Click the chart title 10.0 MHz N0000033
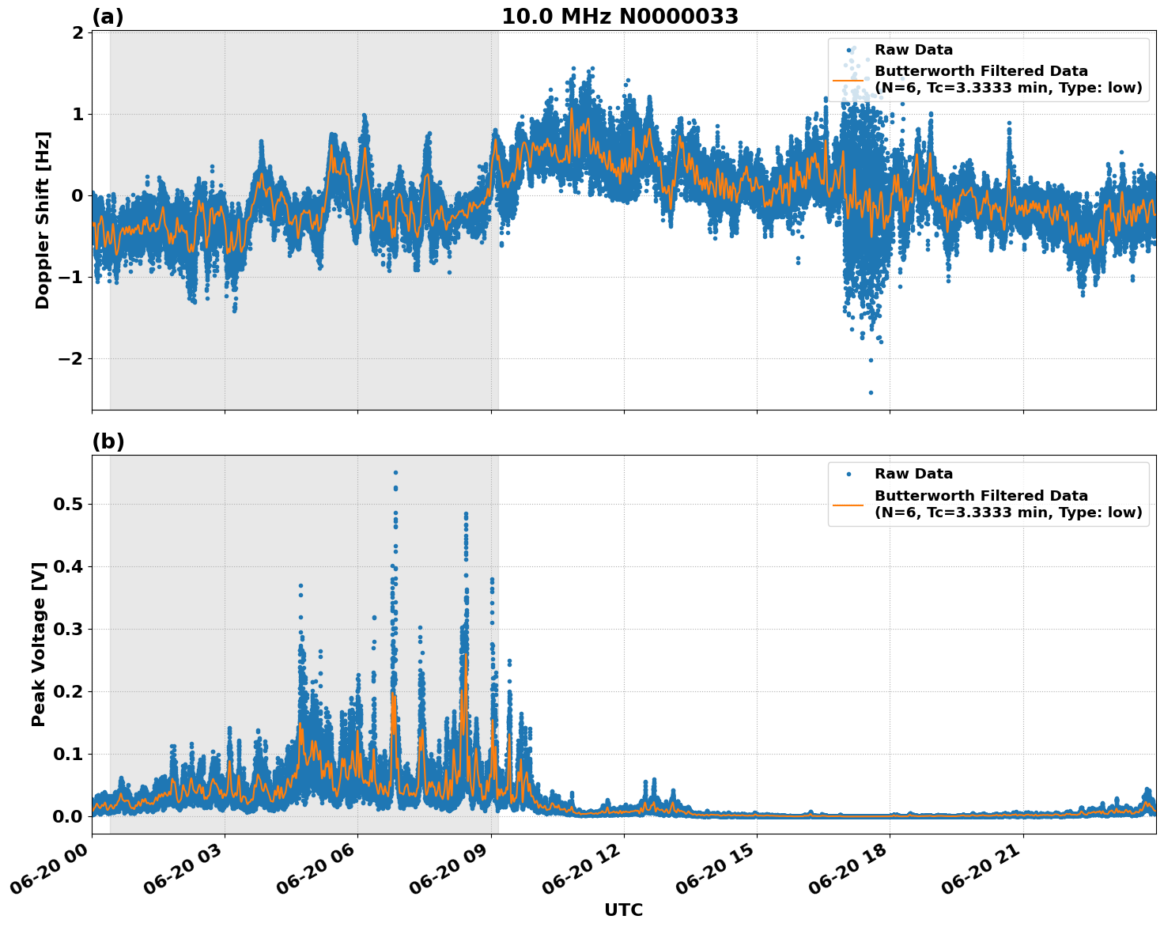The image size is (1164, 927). [620, 17]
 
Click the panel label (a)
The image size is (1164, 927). [108, 17]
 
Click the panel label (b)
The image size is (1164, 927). [108, 441]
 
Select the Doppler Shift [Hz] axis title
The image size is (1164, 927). [43, 220]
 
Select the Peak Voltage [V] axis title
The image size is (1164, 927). [39, 644]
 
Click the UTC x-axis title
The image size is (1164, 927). [623, 910]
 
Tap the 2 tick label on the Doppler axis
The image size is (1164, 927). [77, 32]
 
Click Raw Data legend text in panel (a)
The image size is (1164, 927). [913, 50]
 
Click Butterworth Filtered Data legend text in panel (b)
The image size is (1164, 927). [981, 496]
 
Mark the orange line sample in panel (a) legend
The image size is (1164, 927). [848, 80]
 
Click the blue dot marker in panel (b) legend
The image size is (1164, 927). [848, 475]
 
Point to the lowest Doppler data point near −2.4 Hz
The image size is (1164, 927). [871, 392]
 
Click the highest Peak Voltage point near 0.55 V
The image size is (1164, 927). [395, 472]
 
